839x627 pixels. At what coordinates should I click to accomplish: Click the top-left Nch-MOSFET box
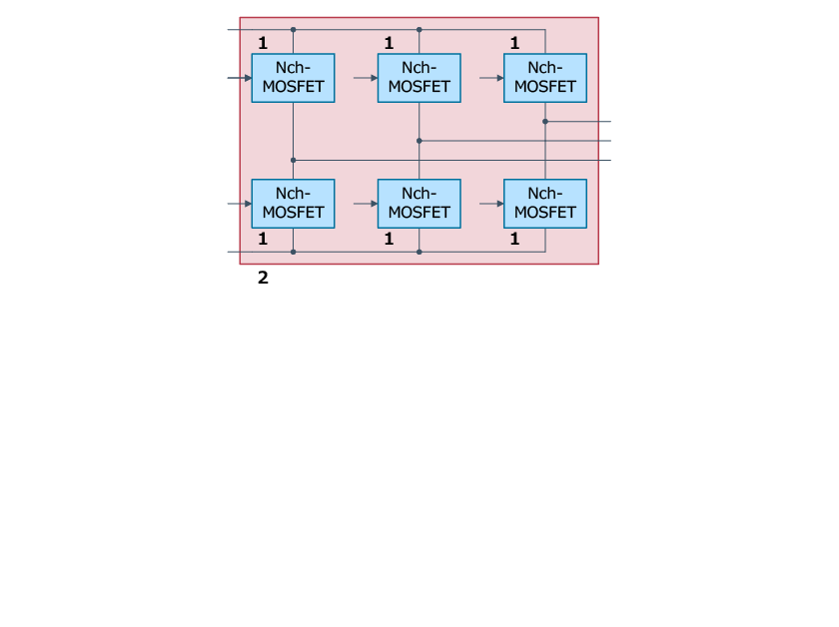293,78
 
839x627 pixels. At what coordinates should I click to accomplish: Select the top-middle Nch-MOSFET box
419,78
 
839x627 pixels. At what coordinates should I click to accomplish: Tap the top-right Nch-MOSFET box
544,78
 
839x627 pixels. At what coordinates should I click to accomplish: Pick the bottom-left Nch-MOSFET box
293,204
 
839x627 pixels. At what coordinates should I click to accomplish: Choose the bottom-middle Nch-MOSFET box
419,204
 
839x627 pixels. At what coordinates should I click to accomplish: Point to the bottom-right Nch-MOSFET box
544,204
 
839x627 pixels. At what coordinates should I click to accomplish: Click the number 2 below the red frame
263,278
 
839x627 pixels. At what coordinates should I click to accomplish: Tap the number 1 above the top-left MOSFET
263,43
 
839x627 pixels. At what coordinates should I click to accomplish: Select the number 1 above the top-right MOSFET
514,43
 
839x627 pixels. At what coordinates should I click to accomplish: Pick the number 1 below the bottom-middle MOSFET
389,239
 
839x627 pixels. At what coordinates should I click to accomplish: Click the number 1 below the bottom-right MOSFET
514,239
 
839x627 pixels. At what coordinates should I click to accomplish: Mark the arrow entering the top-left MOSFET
247,78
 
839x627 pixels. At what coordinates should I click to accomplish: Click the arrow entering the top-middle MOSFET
373,78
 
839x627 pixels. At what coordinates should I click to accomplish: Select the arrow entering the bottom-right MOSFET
498,204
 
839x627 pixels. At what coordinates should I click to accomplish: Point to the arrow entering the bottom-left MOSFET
247,204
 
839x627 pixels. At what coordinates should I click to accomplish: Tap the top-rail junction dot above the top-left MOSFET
293,30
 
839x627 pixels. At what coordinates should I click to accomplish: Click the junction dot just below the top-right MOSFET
545,121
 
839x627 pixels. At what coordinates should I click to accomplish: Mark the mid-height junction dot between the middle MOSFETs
419,141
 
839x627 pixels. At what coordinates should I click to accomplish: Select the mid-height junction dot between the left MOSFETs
293,160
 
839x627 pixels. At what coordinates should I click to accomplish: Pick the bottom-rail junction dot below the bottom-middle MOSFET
419,252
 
